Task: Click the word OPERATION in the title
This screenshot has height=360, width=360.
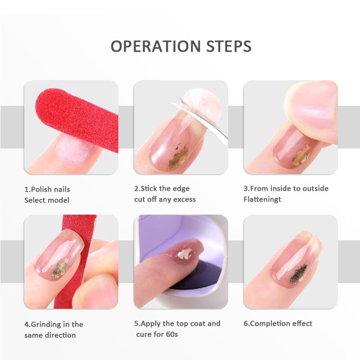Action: tap(156, 46)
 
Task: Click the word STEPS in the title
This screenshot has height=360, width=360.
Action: tap(229, 46)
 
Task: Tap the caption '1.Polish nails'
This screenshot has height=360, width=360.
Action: tap(47, 189)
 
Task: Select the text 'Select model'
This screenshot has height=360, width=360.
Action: tap(47, 200)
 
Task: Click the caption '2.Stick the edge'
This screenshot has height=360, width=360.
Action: tap(162, 189)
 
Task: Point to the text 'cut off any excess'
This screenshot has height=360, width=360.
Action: tap(165, 199)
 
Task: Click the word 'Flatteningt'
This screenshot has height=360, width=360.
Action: tap(262, 199)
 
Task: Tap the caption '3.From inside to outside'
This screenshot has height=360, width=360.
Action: tap(286, 189)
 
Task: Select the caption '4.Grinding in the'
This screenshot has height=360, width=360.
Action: tap(54, 324)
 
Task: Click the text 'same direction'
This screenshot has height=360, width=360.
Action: tap(50, 335)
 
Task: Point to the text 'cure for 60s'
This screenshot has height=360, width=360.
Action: tap(157, 334)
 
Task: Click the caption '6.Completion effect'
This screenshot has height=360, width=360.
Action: tap(278, 324)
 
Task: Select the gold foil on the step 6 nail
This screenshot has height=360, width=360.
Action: tap(298, 273)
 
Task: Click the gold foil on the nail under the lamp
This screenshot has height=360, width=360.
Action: tap(185, 253)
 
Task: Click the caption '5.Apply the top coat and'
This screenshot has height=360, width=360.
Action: tap(177, 324)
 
